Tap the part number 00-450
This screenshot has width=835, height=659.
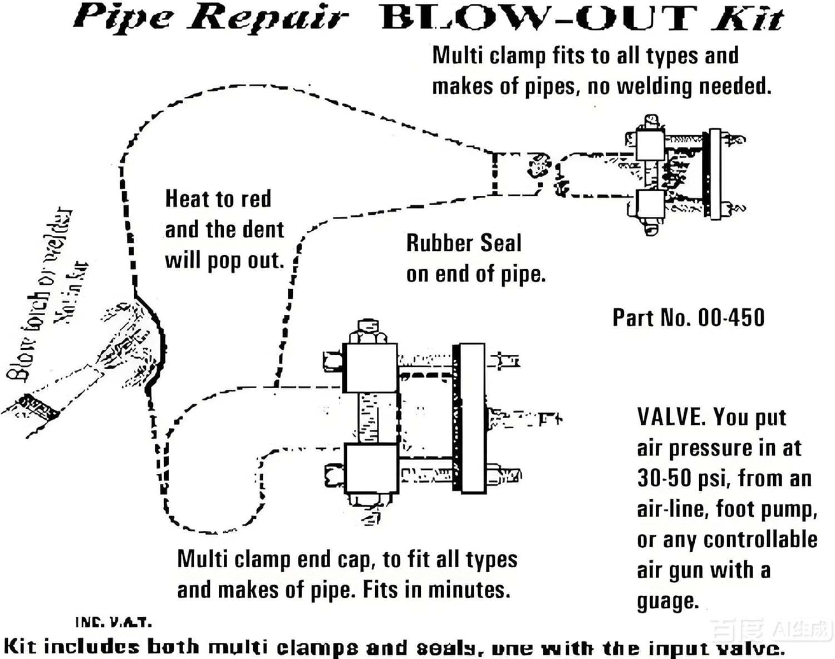[731, 318]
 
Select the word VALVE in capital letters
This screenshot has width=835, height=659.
[670, 417]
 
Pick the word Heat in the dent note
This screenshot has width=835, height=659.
[187, 199]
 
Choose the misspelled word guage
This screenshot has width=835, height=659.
[667, 602]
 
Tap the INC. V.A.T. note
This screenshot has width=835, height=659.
[113, 622]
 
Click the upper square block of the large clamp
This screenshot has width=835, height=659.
[370, 368]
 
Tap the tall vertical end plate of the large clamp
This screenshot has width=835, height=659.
[473, 418]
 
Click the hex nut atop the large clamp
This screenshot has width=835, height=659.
[367, 332]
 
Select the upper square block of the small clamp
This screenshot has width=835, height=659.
[650, 145]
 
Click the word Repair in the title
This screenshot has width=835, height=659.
[267, 18]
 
